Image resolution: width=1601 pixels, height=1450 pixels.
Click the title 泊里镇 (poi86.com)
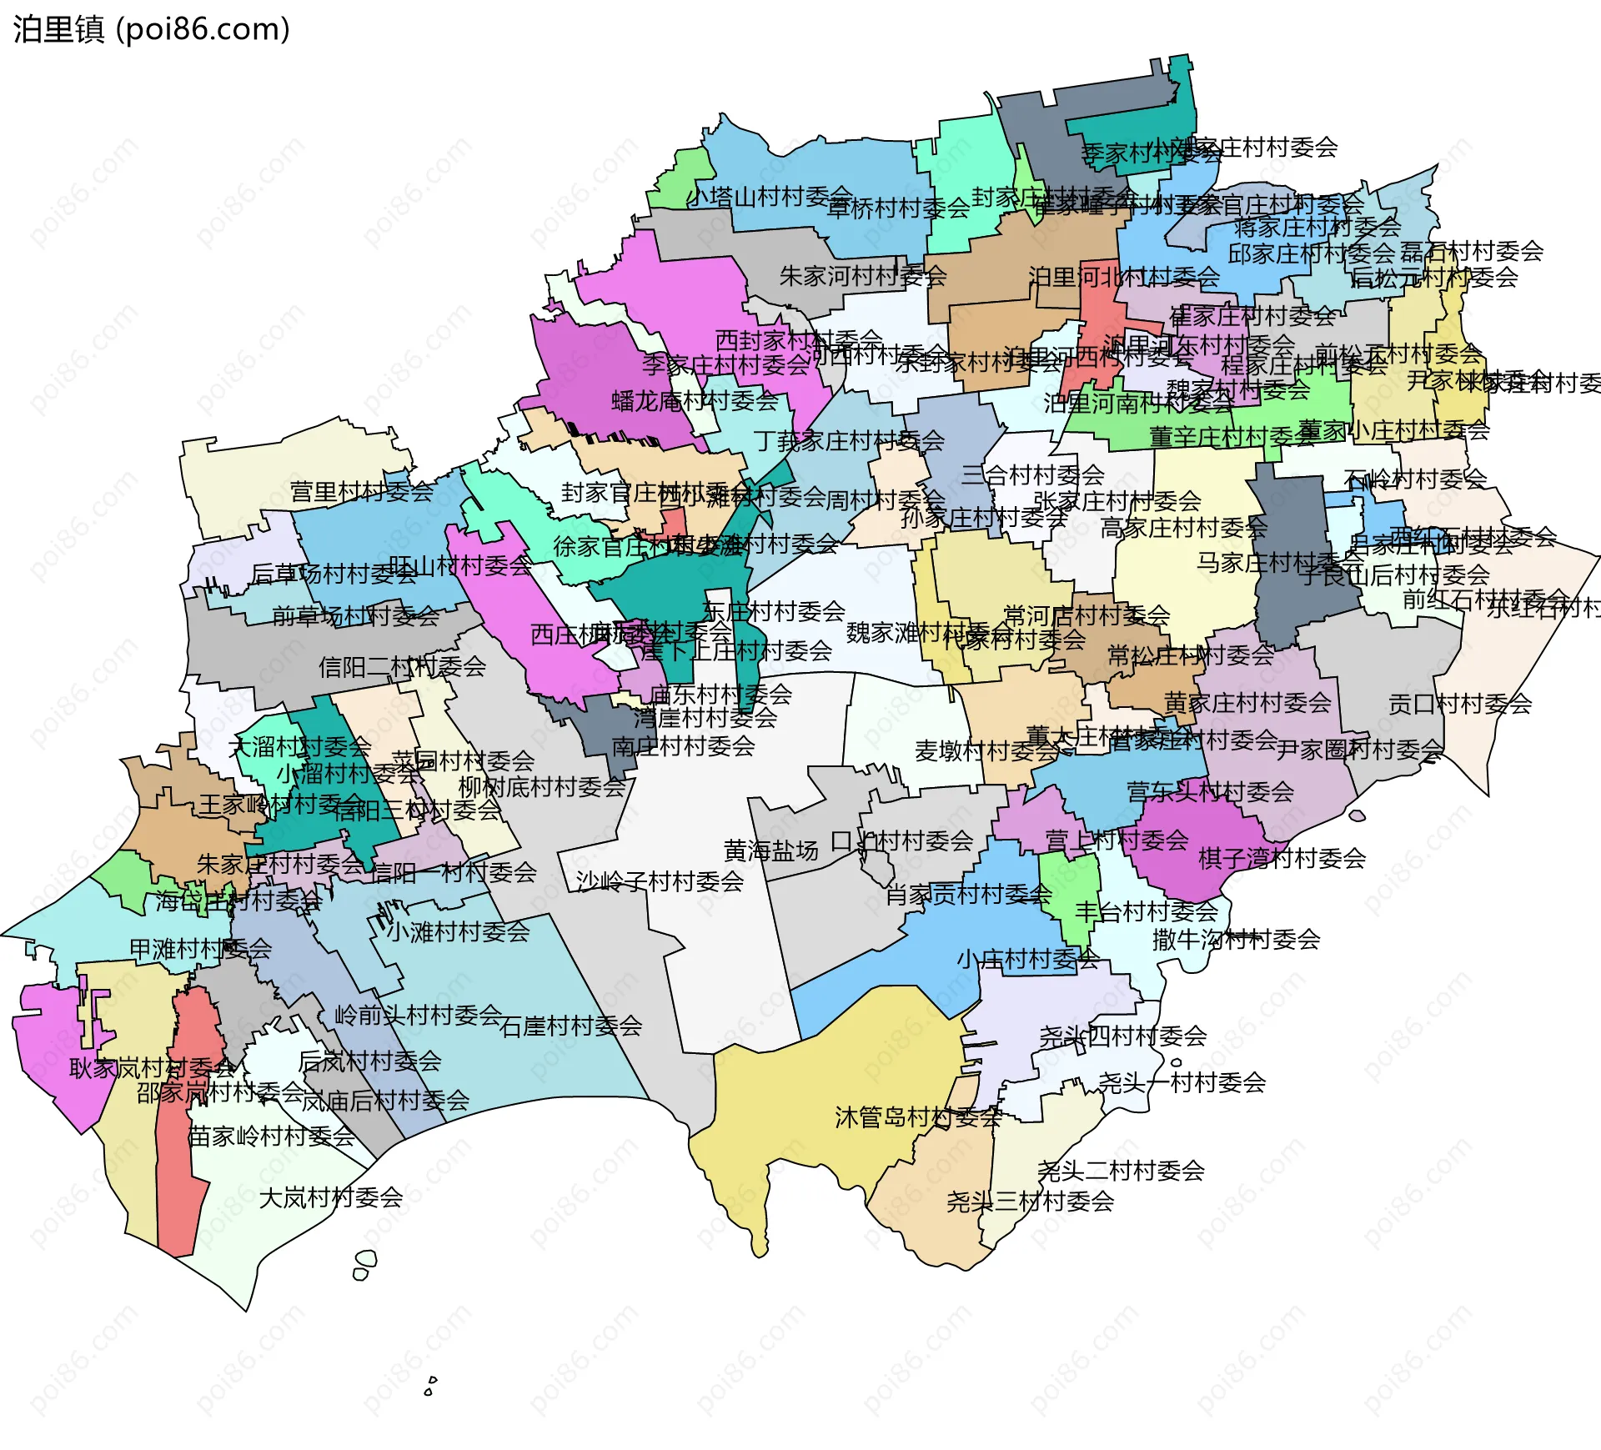coord(151,29)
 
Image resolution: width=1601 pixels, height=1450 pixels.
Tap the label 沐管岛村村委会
coord(918,1117)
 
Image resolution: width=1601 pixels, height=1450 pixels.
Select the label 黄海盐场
coord(770,850)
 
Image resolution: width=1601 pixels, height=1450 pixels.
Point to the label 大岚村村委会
coord(330,1198)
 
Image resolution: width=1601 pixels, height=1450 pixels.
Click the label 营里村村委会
coord(361,491)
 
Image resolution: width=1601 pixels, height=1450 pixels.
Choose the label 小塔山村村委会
coord(768,197)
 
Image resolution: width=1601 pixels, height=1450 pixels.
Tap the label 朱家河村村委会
coord(862,276)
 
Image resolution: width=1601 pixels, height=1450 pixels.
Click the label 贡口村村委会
coord(1459,704)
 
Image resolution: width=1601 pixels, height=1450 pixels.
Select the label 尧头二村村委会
coord(1121,1171)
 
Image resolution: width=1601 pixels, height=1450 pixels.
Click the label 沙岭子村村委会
coord(660,881)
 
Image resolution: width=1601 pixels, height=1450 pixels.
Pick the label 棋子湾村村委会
coord(1282,858)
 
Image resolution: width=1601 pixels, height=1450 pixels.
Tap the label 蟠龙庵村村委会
coord(695,401)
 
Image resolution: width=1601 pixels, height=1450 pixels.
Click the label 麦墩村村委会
coord(986,751)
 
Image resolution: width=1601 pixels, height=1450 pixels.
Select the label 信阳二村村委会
coord(402,666)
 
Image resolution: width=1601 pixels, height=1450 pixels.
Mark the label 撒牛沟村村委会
coord(1236,940)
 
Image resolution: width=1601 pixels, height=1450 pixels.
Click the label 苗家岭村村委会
coord(271,1136)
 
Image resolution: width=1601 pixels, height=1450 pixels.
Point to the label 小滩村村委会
coord(458,931)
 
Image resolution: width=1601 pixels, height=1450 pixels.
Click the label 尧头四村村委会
coord(1122,1036)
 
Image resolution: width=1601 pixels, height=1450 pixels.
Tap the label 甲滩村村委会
coord(200,949)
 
